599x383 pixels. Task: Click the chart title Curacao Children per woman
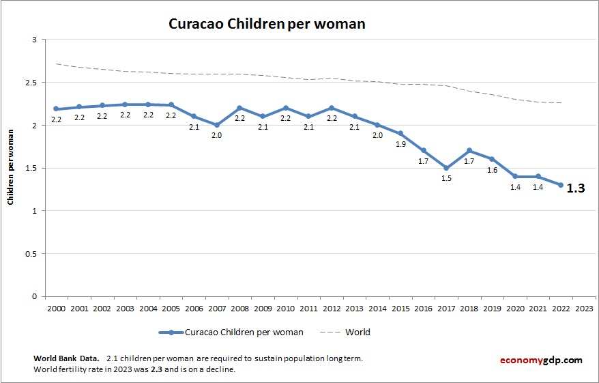tap(267, 24)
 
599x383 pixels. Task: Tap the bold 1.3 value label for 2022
tap(576, 188)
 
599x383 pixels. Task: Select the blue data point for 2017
tap(446, 168)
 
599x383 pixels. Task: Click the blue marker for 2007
tap(217, 125)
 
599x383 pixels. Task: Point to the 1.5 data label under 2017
tap(446, 178)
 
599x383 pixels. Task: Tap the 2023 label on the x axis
tap(584, 308)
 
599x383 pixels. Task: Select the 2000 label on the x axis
tap(56, 308)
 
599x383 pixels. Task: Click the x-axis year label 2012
tap(332, 308)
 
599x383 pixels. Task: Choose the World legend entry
tap(357, 332)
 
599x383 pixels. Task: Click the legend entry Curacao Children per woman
tap(244, 332)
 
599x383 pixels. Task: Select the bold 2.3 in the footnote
tap(156, 369)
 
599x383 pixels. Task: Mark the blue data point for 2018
tap(469, 151)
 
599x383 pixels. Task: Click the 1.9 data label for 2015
tap(400, 144)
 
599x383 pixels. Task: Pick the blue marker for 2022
tap(561, 185)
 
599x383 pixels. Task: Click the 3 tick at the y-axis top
tap(35, 40)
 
